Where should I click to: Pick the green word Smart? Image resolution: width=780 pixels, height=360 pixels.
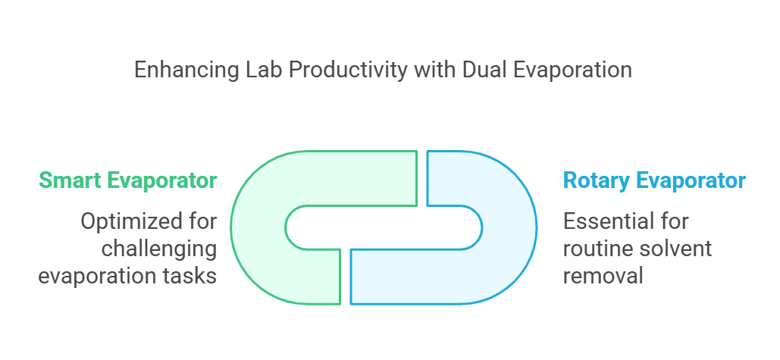coord(70,180)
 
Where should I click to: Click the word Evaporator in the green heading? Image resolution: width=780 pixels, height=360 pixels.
coord(162,180)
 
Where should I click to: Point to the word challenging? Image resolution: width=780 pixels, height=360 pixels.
coord(159,249)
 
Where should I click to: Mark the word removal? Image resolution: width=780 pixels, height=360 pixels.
coord(603,275)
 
